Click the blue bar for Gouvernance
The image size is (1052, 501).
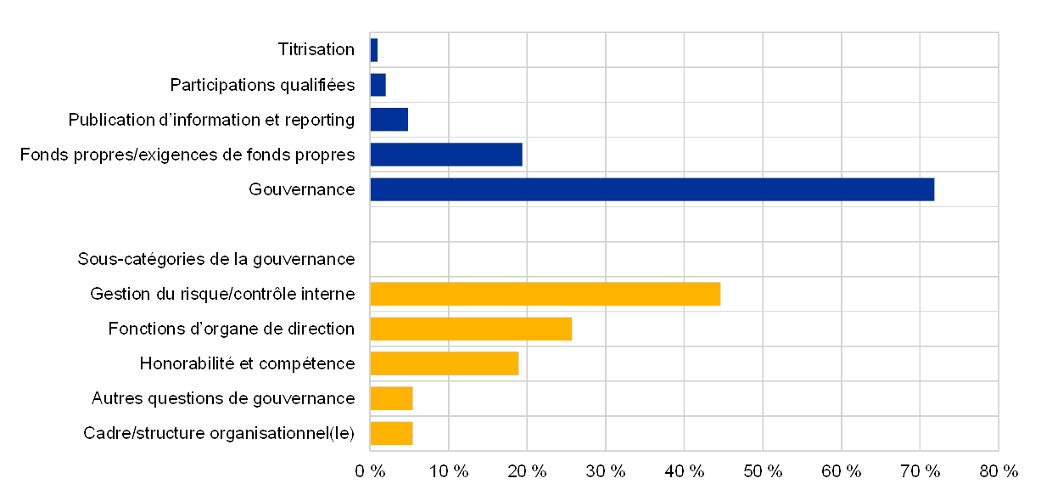[652, 189]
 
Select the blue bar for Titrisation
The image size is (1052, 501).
[374, 50]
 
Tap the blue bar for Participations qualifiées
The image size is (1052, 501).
[378, 85]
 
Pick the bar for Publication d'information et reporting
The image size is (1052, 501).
[389, 120]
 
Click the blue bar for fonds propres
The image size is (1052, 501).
[445, 155]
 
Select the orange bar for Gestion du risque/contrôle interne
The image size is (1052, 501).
[545, 294]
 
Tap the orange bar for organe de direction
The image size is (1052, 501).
[471, 329]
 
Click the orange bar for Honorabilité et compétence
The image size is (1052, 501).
[444, 363]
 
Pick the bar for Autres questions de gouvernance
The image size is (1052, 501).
[391, 398]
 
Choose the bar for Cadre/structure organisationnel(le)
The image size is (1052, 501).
[391, 433]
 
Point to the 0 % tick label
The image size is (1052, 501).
[370, 471]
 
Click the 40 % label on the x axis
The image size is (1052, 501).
[684, 471]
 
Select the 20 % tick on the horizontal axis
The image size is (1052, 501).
[527, 471]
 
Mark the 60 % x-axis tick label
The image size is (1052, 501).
[841, 471]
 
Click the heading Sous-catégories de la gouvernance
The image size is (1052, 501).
[216, 258]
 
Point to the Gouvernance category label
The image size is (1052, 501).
[302, 189]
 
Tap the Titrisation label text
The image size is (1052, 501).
[323, 50]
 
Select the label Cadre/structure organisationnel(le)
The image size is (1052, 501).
[219, 433]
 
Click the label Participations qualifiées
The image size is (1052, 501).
[266, 85]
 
